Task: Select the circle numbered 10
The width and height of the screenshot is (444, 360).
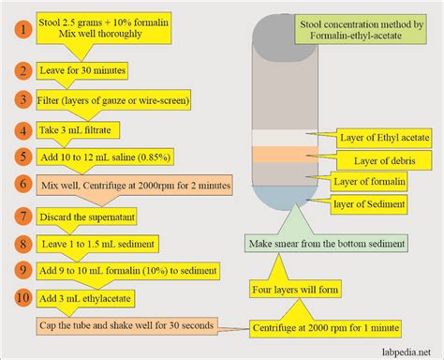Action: point(19,298)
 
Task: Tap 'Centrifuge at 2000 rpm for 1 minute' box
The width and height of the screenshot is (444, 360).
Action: point(323,327)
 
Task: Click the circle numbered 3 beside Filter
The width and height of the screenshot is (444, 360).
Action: point(19,98)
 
